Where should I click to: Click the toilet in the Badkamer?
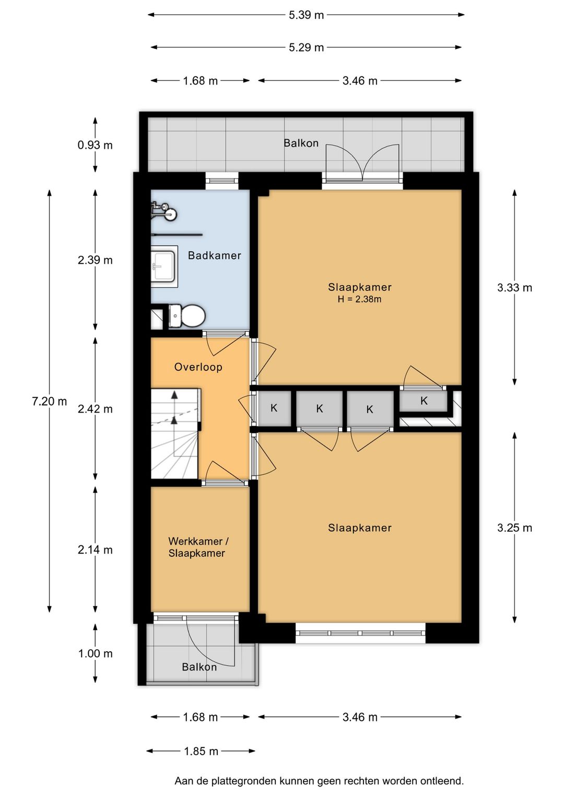(x=186, y=315)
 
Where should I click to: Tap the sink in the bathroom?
(x=164, y=266)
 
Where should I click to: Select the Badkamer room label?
(x=214, y=255)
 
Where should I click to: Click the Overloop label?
(x=198, y=367)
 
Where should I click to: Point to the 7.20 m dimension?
(x=50, y=401)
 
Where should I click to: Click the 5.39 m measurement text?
(x=306, y=15)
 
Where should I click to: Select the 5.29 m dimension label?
(x=306, y=48)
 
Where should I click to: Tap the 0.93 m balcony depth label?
(x=95, y=145)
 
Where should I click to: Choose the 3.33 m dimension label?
(x=514, y=287)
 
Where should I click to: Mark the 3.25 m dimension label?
(x=514, y=528)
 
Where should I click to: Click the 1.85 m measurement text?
(x=201, y=751)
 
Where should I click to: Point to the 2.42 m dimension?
(x=95, y=409)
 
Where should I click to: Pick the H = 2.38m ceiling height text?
(x=359, y=299)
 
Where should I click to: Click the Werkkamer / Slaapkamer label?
(x=198, y=547)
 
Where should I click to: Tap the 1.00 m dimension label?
(x=96, y=653)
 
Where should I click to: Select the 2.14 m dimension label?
(x=95, y=550)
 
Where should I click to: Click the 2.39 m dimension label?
(x=95, y=260)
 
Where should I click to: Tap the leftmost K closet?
(x=274, y=408)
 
